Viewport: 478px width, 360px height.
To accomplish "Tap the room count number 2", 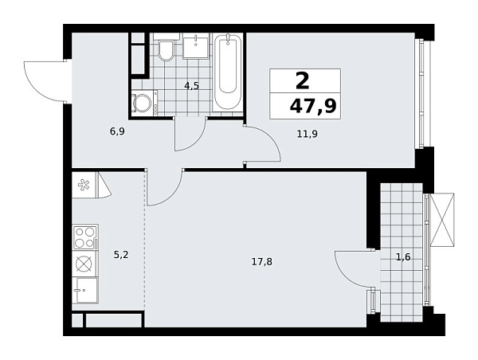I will tap(302, 80).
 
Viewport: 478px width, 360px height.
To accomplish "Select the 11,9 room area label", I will tap(307, 134).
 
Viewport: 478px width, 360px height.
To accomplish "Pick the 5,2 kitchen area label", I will tap(120, 256).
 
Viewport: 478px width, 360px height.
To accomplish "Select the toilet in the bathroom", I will tap(167, 51).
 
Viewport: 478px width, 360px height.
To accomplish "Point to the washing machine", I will tap(144, 104).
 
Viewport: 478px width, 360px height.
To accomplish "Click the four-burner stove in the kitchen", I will tap(85, 237).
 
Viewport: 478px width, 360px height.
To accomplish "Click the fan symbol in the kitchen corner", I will tap(84, 186).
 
